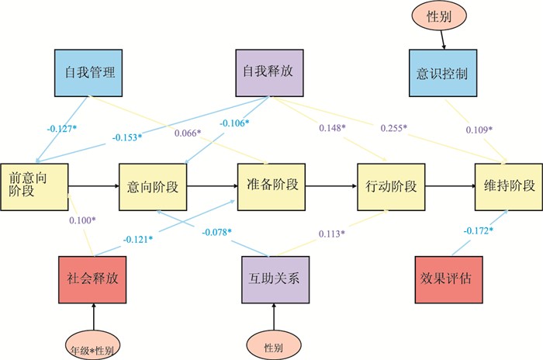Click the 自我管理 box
pos(90,73)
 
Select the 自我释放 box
pos(268,73)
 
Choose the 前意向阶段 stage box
pos(34,186)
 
